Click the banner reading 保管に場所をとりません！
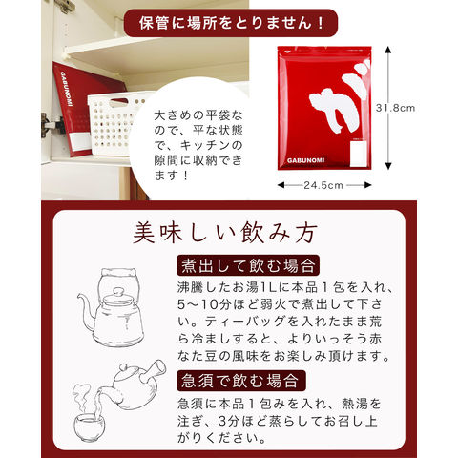(x=231, y=23)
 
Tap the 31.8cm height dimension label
(x=395, y=108)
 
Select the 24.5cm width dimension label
(x=323, y=185)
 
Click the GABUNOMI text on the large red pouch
(x=305, y=160)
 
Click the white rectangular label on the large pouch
(x=358, y=154)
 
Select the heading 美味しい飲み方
(x=225, y=233)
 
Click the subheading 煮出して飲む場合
(x=248, y=265)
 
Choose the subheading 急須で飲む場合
(x=241, y=381)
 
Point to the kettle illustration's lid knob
(x=118, y=292)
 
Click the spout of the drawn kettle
(x=86, y=312)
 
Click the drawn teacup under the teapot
(x=89, y=427)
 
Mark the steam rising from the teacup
(x=83, y=399)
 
